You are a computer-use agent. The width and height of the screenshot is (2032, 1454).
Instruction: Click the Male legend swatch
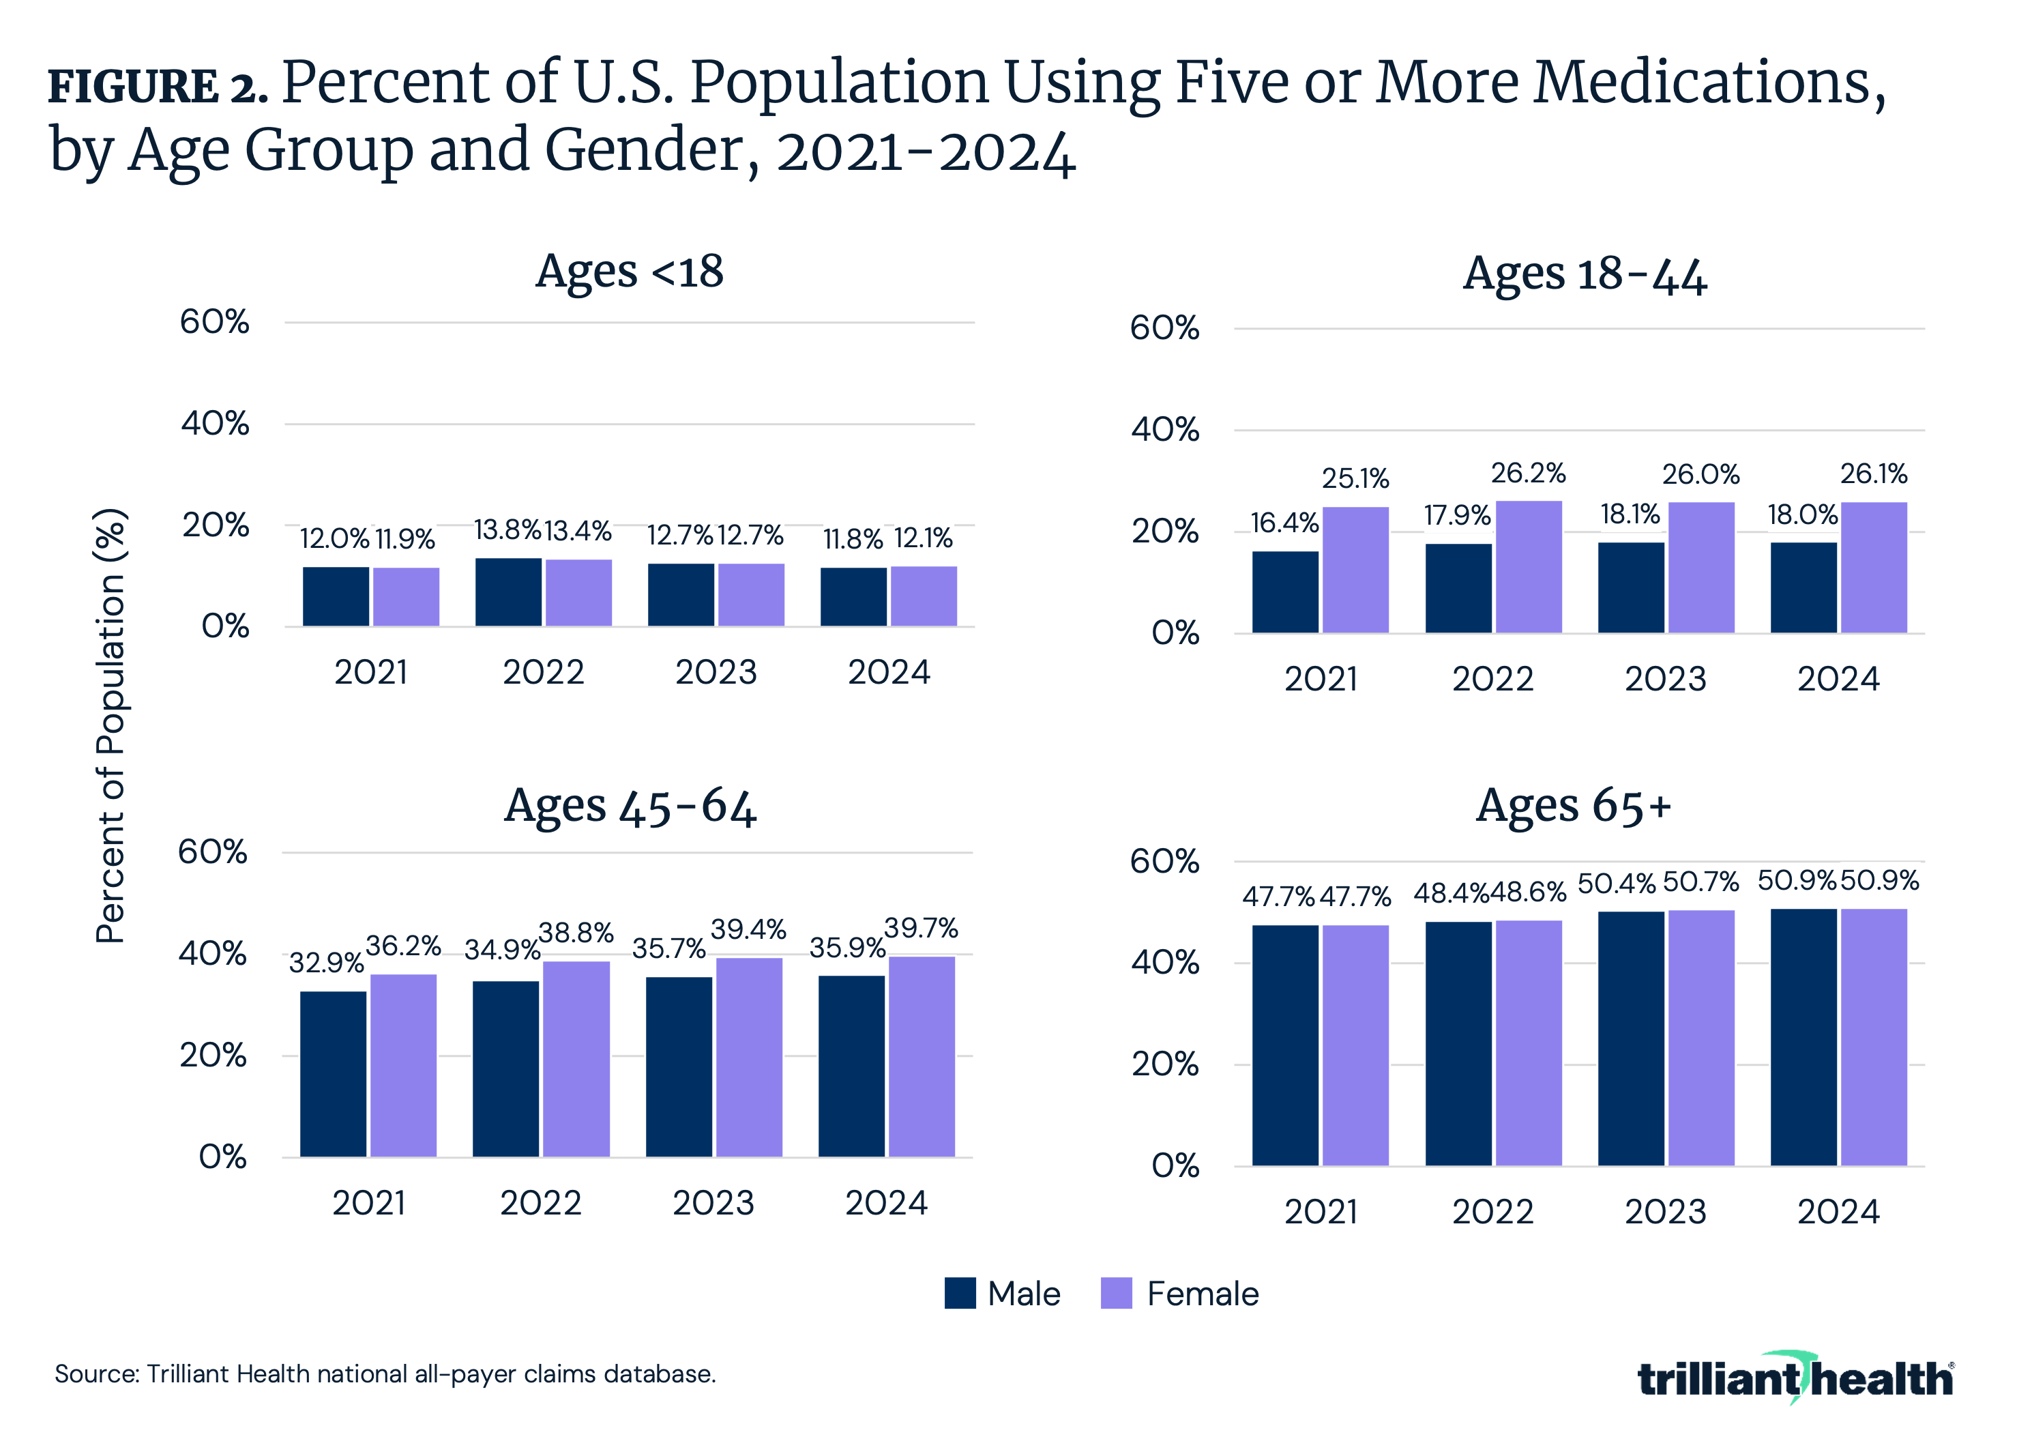(960, 1293)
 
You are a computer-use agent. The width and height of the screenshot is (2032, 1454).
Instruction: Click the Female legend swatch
(1116, 1293)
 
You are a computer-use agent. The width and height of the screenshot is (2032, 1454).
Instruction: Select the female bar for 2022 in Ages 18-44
(1528, 567)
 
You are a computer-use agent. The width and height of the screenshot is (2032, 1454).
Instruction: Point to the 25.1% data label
(1355, 479)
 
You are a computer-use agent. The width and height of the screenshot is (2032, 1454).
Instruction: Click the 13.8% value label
(507, 530)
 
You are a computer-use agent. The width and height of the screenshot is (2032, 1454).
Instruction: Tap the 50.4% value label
(1616, 884)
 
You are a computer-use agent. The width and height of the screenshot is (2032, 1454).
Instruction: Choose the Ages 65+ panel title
(1573, 806)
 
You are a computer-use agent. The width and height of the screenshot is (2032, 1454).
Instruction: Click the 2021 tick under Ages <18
(370, 671)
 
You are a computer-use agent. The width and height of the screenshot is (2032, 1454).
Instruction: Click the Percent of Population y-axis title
(111, 725)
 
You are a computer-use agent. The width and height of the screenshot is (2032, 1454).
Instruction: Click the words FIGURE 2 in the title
(158, 87)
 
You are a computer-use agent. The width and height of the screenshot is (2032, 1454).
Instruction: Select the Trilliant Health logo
(1795, 1379)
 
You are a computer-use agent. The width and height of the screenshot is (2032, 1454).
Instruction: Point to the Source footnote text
(385, 1373)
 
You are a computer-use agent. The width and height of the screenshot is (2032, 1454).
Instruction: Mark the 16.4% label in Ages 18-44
(1284, 523)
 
